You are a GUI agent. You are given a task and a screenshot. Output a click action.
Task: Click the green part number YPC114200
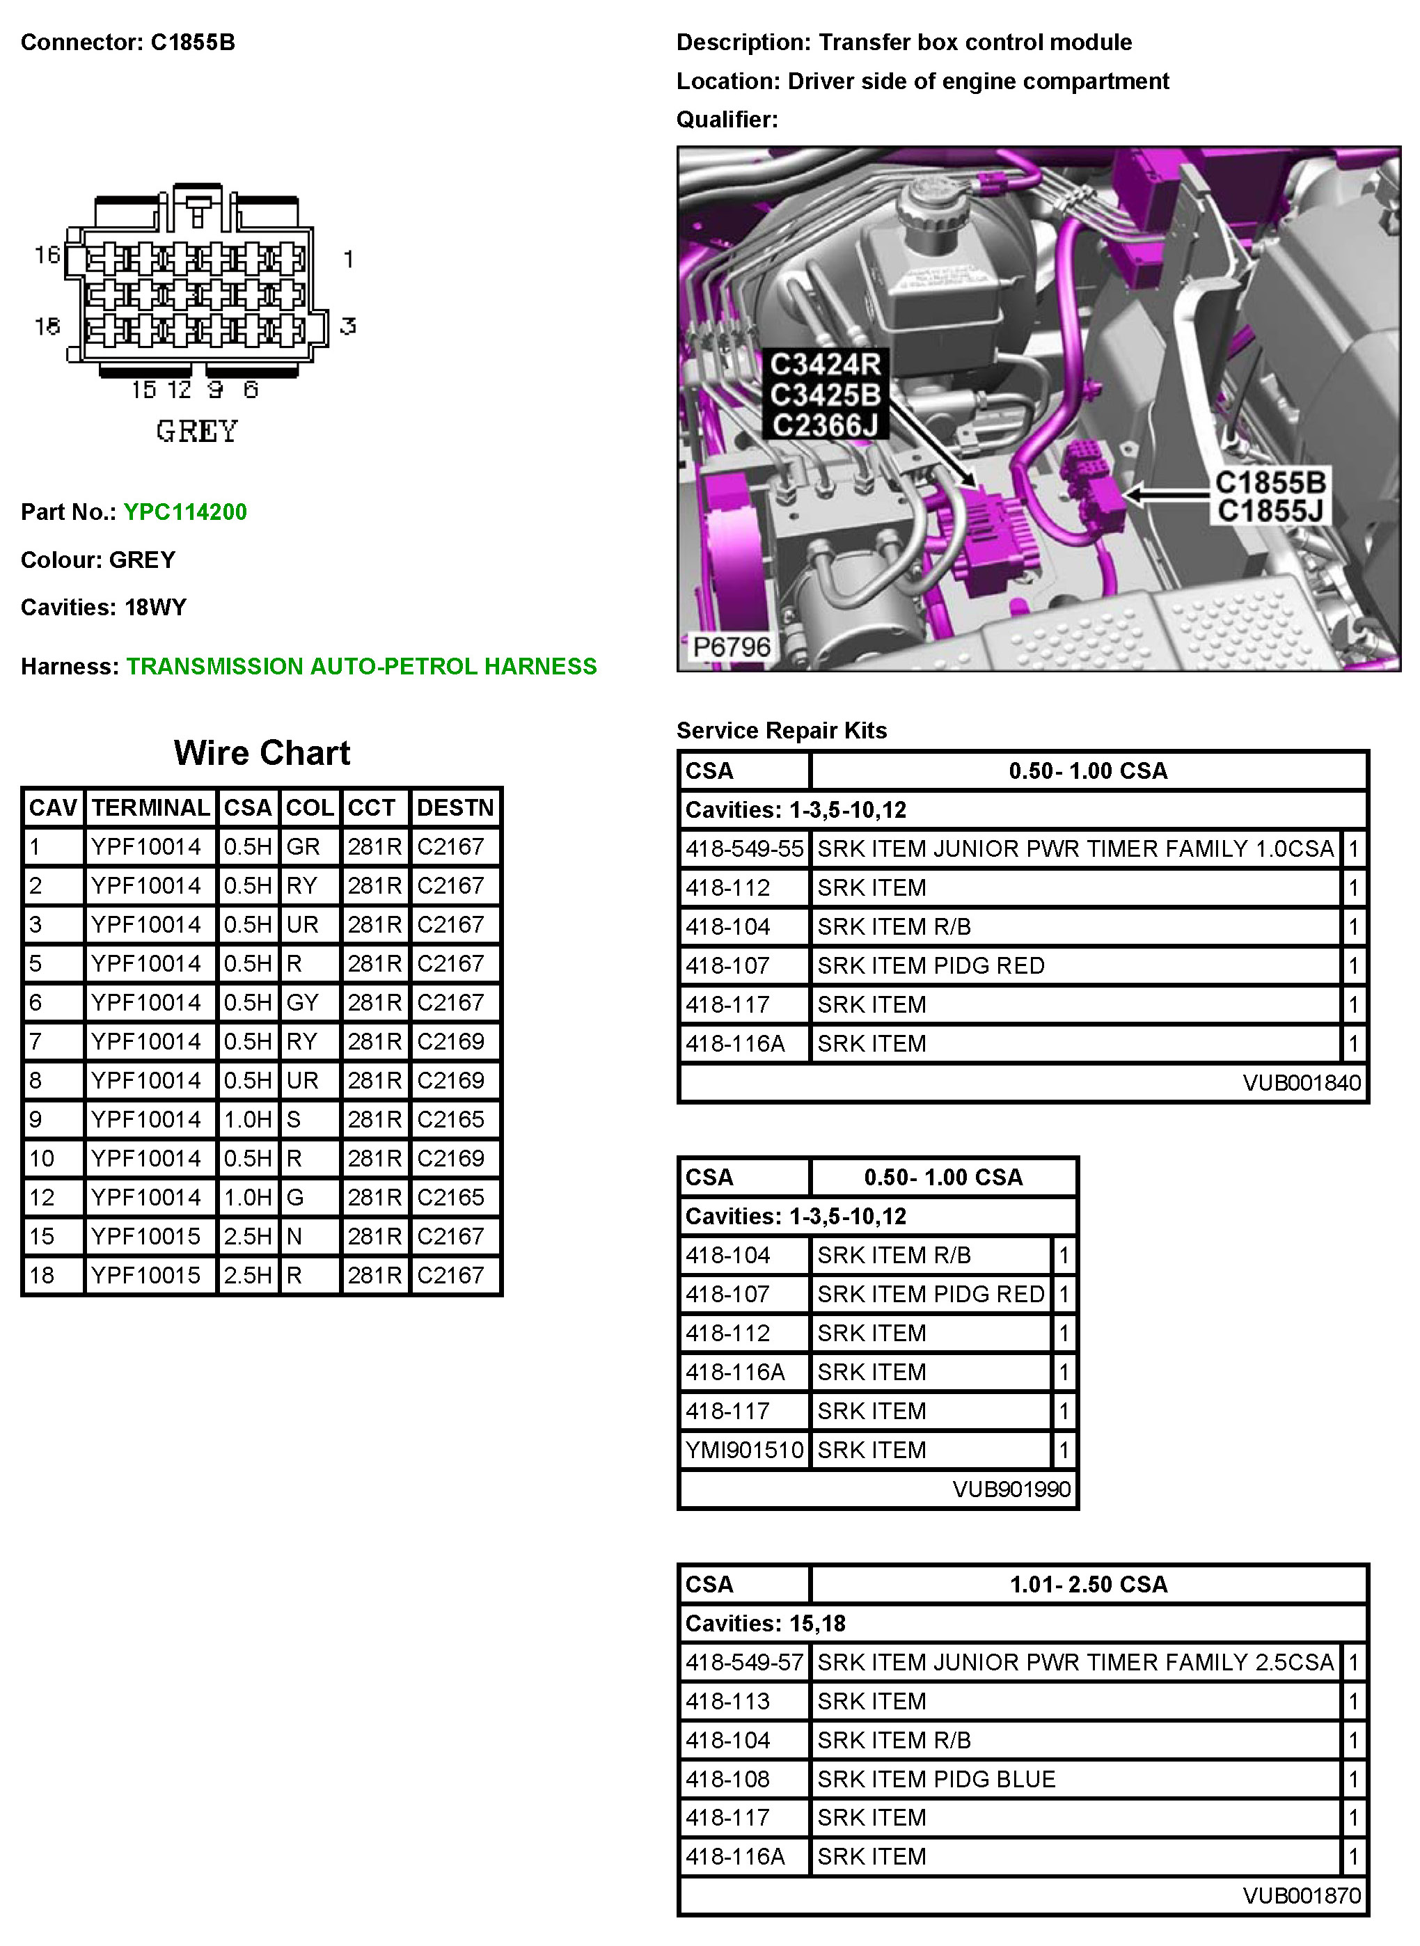click(184, 512)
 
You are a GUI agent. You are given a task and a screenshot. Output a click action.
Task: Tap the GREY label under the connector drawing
click(197, 432)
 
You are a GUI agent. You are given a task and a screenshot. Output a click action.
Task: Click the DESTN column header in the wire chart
click(455, 808)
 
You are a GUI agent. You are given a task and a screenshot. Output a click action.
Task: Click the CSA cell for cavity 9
click(248, 1119)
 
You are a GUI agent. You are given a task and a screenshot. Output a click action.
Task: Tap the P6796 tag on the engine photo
click(732, 647)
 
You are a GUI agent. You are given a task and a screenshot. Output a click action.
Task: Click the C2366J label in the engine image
click(824, 425)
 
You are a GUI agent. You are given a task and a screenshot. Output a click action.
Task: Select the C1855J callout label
click(1270, 511)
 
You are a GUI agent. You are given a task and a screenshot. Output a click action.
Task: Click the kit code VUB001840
click(1302, 1082)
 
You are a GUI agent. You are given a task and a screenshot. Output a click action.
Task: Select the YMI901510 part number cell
click(744, 1450)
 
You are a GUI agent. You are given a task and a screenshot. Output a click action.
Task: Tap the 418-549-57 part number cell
click(744, 1662)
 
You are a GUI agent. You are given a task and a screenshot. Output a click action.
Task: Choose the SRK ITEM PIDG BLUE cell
click(936, 1779)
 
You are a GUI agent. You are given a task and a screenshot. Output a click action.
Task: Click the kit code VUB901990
click(1011, 1489)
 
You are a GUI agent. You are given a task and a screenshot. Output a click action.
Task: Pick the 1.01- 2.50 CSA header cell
click(1088, 1584)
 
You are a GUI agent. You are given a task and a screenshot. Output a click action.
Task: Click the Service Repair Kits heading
click(781, 731)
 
